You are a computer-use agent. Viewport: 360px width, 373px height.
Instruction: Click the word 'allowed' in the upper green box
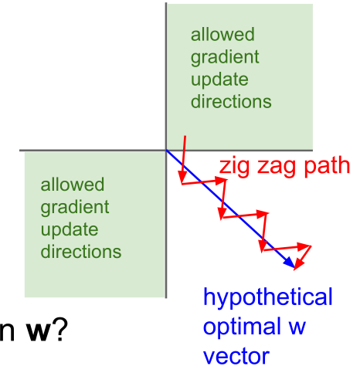coord(222,34)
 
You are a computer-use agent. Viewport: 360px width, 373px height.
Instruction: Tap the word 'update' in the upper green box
coord(219,80)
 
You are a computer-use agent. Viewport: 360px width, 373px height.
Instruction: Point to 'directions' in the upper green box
coord(231,101)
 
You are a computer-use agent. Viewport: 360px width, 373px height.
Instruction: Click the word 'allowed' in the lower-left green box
coord(73,184)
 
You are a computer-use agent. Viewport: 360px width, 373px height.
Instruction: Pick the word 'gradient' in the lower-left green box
coord(75,208)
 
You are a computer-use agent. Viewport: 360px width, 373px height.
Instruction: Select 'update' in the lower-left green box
coord(70,230)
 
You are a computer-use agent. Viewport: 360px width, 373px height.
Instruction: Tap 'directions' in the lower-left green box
coord(81,251)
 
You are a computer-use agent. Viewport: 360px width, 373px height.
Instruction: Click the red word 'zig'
coord(234,167)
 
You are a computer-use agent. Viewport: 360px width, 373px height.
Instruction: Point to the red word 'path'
coord(327,165)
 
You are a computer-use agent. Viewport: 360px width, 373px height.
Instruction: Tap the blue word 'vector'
coord(236,356)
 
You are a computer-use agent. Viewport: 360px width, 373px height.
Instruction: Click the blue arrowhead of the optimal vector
coord(290,263)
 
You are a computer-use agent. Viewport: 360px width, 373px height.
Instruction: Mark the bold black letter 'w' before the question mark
coord(38,332)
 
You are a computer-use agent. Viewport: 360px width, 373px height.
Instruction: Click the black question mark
coord(60,329)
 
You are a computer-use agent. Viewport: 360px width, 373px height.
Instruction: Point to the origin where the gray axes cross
coord(166,150)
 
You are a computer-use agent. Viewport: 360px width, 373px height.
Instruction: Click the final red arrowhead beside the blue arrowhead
coord(299,265)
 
